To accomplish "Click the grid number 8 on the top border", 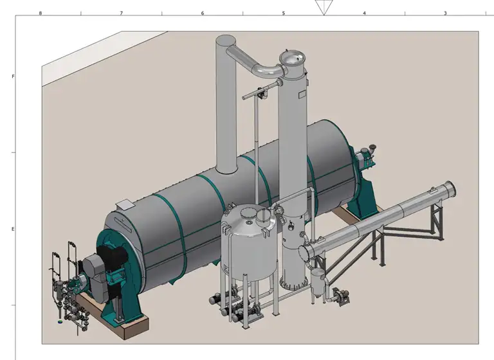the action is [x=41, y=14].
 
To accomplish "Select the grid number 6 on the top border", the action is [x=203, y=14].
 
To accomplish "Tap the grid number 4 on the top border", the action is [x=365, y=14].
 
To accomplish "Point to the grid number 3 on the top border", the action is [x=446, y=14].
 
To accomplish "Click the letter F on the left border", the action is [x=13, y=76].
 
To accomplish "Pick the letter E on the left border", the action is [x=13, y=229].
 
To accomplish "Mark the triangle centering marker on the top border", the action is [x=324, y=7].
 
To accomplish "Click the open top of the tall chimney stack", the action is [x=226, y=40].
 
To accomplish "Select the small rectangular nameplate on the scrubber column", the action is [x=302, y=94].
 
